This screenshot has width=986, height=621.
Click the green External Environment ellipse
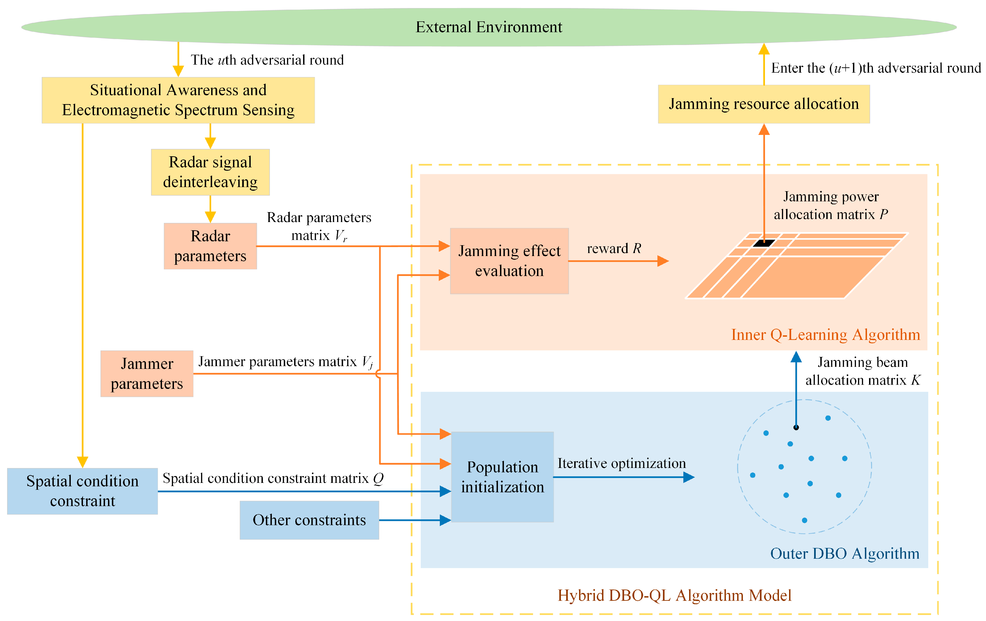point(489,27)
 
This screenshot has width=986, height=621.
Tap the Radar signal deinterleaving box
point(210,172)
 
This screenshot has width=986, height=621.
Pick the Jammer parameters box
point(147,373)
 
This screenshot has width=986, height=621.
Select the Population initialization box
point(502,477)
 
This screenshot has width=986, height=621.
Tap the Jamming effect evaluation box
point(509,261)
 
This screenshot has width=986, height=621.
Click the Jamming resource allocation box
point(764,104)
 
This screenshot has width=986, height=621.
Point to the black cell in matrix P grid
point(764,243)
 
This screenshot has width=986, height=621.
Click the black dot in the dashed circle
point(796,427)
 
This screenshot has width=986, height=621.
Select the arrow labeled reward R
point(618,261)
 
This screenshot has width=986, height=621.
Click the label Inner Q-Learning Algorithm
point(825,335)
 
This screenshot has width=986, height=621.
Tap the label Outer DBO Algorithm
point(844,553)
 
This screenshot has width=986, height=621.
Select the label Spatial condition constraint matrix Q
point(273,479)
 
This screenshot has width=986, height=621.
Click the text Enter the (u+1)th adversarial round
point(876,68)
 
